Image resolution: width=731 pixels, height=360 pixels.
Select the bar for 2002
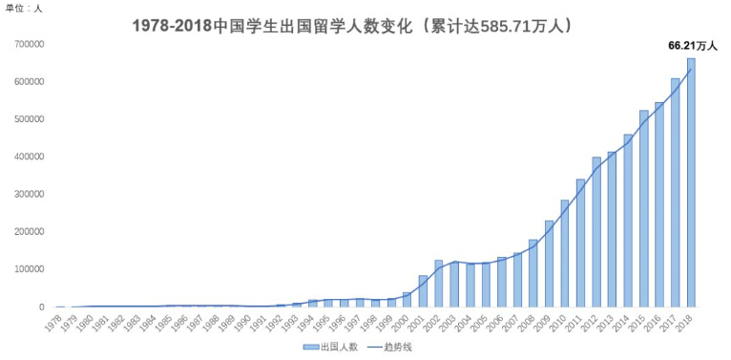tap(439, 284)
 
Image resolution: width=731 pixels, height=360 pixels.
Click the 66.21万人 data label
tap(692, 45)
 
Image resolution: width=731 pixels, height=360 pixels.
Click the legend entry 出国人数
tap(333, 348)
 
